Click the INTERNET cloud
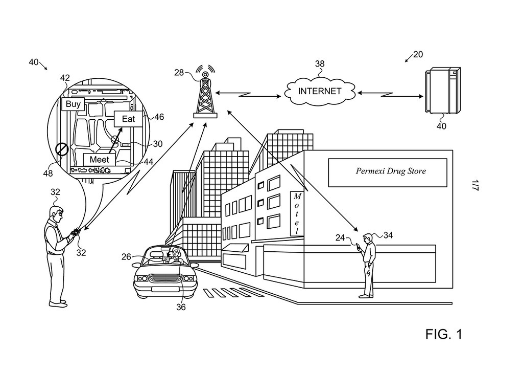click(x=319, y=92)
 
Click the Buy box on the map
click(x=72, y=104)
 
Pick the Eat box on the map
click(x=128, y=119)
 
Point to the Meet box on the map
click(x=99, y=160)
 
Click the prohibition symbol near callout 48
click(x=62, y=150)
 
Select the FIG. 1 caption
click(x=443, y=335)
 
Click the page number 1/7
click(x=475, y=185)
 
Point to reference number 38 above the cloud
click(x=320, y=64)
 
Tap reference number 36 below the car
click(x=181, y=308)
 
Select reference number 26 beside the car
click(x=126, y=257)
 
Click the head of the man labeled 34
click(x=367, y=238)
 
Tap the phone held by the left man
click(x=75, y=232)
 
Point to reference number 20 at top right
click(x=418, y=55)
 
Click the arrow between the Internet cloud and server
click(x=390, y=94)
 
